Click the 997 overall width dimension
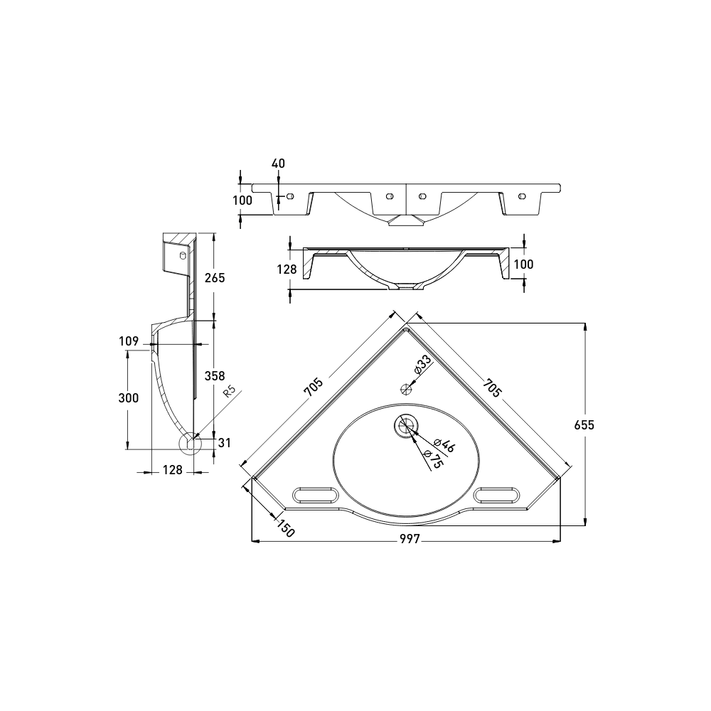point(409,540)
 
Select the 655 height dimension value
point(584,424)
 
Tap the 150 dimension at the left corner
point(285,529)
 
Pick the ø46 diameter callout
point(445,446)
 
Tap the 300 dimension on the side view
point(128,398)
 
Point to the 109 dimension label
point(128,342)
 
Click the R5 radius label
point(230,394)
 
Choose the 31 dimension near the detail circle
point(225,443)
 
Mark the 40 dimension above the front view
point(278,164)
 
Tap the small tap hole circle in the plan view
point(407,389)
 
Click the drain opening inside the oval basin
point(406,425)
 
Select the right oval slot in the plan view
point(498,494)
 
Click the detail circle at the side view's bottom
point(190,443)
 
